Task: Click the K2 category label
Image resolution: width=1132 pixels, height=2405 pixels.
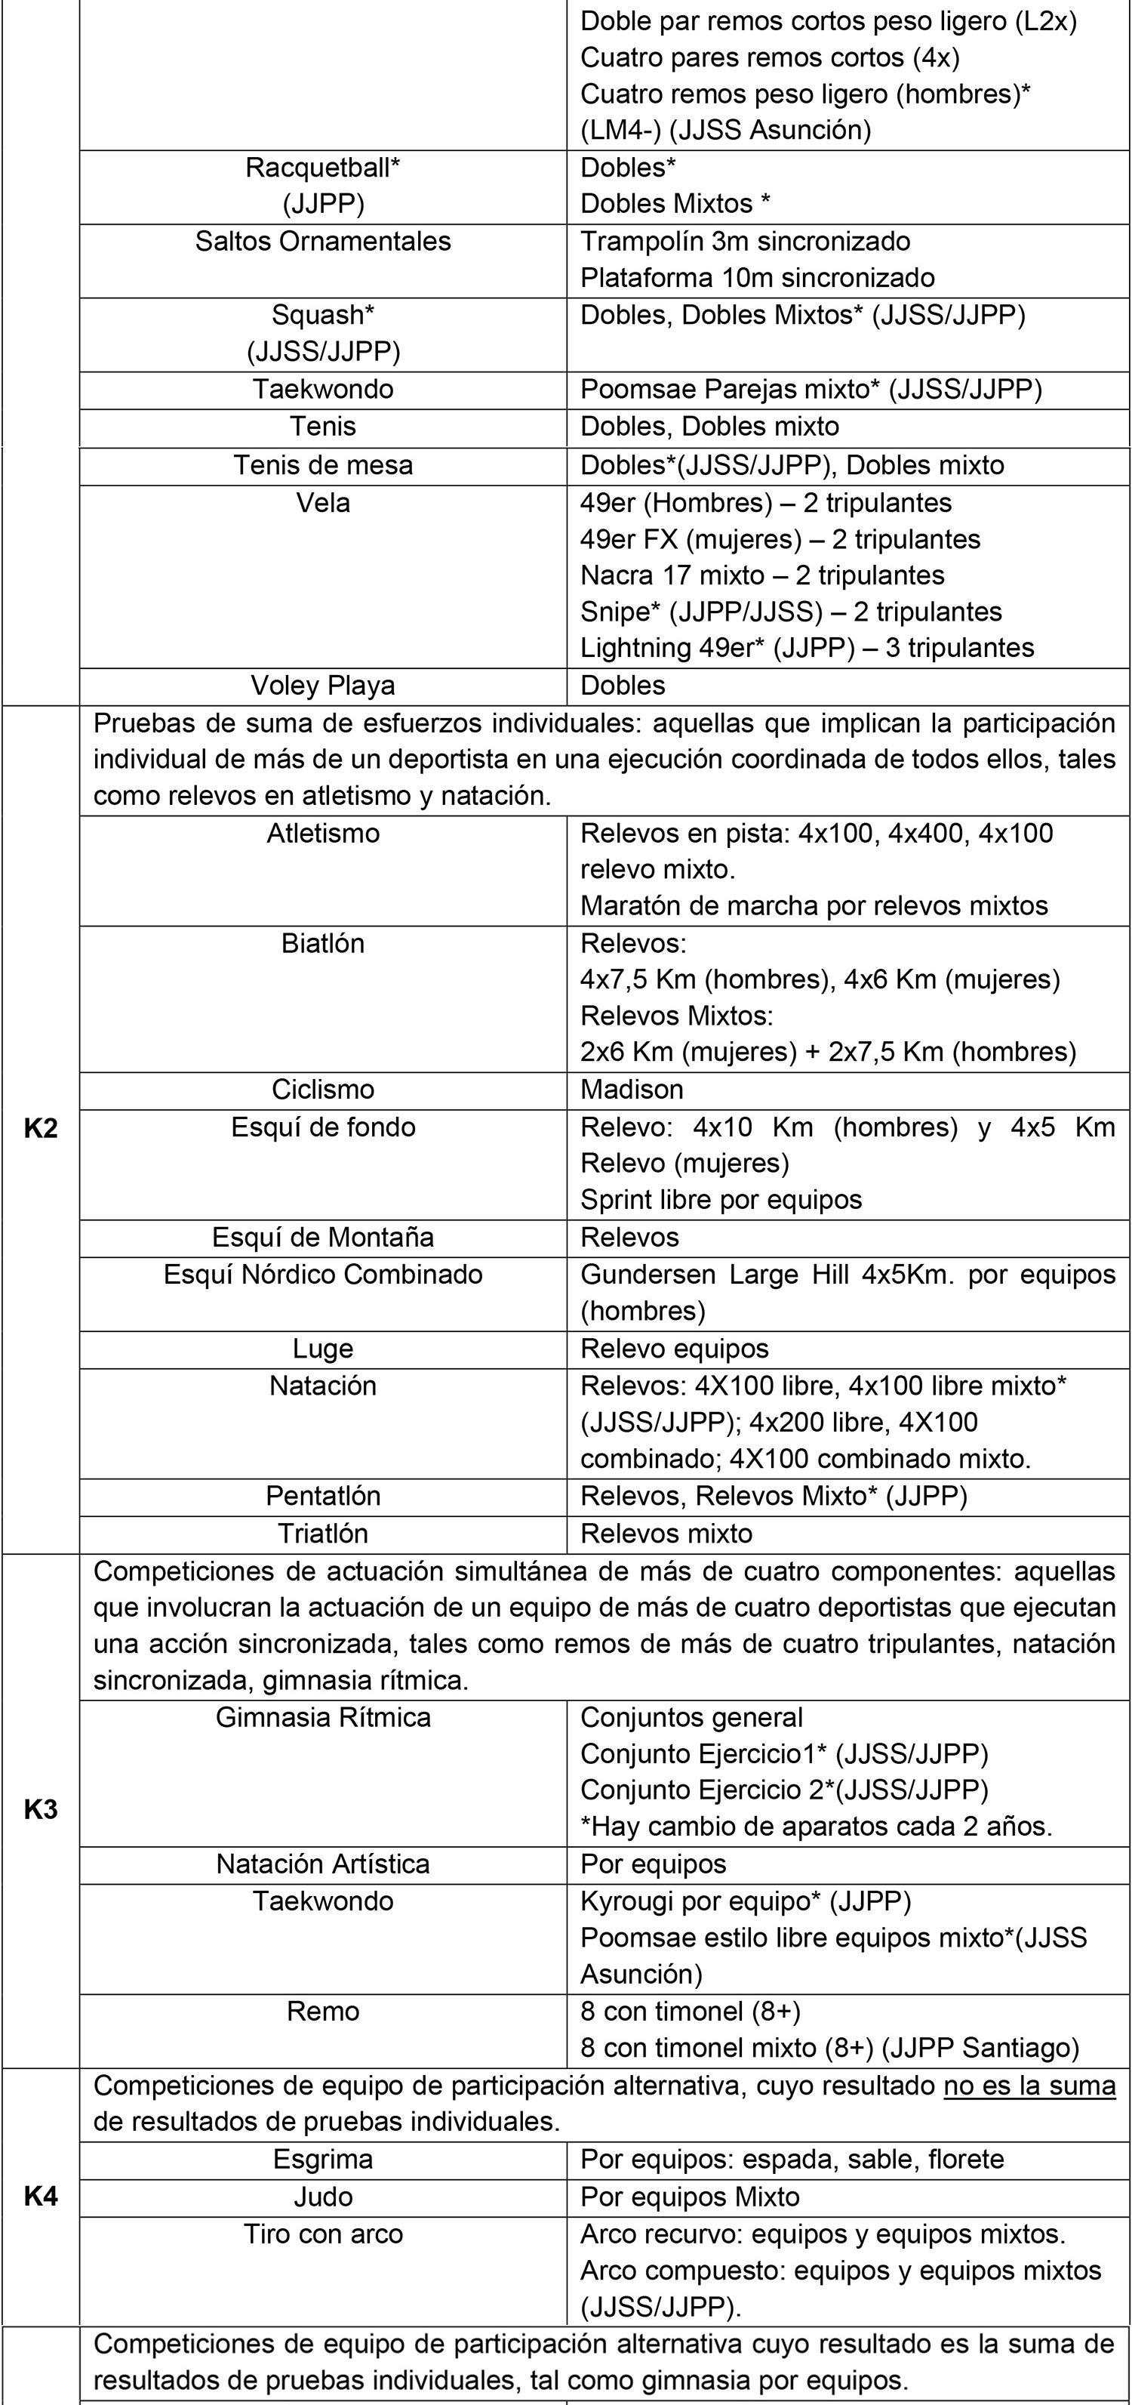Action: (40, 1128)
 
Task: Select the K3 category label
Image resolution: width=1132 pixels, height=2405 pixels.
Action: (40, 1808)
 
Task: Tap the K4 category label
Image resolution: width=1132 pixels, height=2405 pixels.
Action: (40, 2196)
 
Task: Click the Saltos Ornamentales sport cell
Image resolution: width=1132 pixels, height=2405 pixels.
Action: (323, 242)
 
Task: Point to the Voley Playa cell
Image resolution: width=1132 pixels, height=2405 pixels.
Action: (323, 686)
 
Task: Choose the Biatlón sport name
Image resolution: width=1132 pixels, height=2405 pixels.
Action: (323, 943)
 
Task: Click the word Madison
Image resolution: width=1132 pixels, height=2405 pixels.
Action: (632, 1090)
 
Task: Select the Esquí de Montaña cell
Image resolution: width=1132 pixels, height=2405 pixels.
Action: (323, 1237)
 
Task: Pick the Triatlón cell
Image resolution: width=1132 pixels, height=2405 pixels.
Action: (323, 1533)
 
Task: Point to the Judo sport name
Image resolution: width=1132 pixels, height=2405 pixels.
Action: (323, 2196)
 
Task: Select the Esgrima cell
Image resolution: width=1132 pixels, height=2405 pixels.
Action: (323, 2159)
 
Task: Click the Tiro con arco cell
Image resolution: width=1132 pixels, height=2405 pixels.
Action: (323, 2234)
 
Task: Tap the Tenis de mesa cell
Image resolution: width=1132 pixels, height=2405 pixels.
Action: (323, 465)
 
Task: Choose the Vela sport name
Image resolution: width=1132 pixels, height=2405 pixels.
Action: (323, 503)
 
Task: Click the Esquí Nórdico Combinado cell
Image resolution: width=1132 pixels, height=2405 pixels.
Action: (323, 1275)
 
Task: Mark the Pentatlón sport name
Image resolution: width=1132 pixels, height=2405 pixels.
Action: (323, 1496)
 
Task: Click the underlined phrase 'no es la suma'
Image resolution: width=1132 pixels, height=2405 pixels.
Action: (1029, 2086)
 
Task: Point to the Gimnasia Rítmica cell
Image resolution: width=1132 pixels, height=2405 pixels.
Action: (323, 1717)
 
